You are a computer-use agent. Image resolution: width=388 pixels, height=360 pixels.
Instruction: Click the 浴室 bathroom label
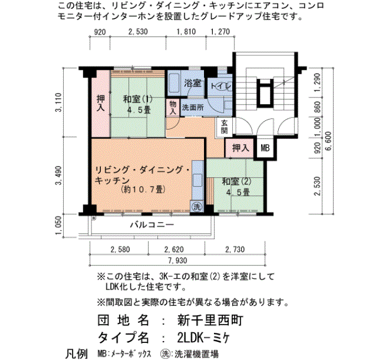[192, 83]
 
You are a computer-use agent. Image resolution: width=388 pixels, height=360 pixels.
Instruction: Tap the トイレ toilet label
[221, 86]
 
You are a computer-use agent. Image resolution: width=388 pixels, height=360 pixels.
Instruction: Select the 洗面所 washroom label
[193, 107]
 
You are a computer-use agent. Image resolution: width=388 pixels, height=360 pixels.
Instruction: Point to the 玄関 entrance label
[224, 127]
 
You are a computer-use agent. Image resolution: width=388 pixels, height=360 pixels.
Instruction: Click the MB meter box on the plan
[265, 148]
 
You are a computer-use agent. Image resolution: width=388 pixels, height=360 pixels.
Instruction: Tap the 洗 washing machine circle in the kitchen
[197, 207]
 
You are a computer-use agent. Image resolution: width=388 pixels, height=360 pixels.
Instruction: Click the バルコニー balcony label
[152, 225]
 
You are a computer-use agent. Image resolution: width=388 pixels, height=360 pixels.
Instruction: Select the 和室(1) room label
[138, 99]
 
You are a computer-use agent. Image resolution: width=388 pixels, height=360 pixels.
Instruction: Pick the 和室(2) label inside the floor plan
[237, 182]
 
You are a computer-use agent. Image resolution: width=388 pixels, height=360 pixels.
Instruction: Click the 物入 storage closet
[173, 107]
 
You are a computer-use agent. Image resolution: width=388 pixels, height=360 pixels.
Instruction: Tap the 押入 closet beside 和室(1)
[100, 104]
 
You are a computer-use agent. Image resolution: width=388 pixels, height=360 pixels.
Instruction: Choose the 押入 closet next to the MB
[239, 148]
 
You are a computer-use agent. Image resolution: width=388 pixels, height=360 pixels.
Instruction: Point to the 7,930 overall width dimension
[178, 261]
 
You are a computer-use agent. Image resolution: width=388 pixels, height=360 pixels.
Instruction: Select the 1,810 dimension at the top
[186, 32]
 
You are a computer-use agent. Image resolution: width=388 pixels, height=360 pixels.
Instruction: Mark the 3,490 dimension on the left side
[59, 176]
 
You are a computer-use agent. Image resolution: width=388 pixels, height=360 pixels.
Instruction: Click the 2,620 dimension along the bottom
[174, 249]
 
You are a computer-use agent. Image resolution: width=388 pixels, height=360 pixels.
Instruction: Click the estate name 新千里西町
[210, 320]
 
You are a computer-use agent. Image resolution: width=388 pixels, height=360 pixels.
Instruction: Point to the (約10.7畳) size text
[143, 189]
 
